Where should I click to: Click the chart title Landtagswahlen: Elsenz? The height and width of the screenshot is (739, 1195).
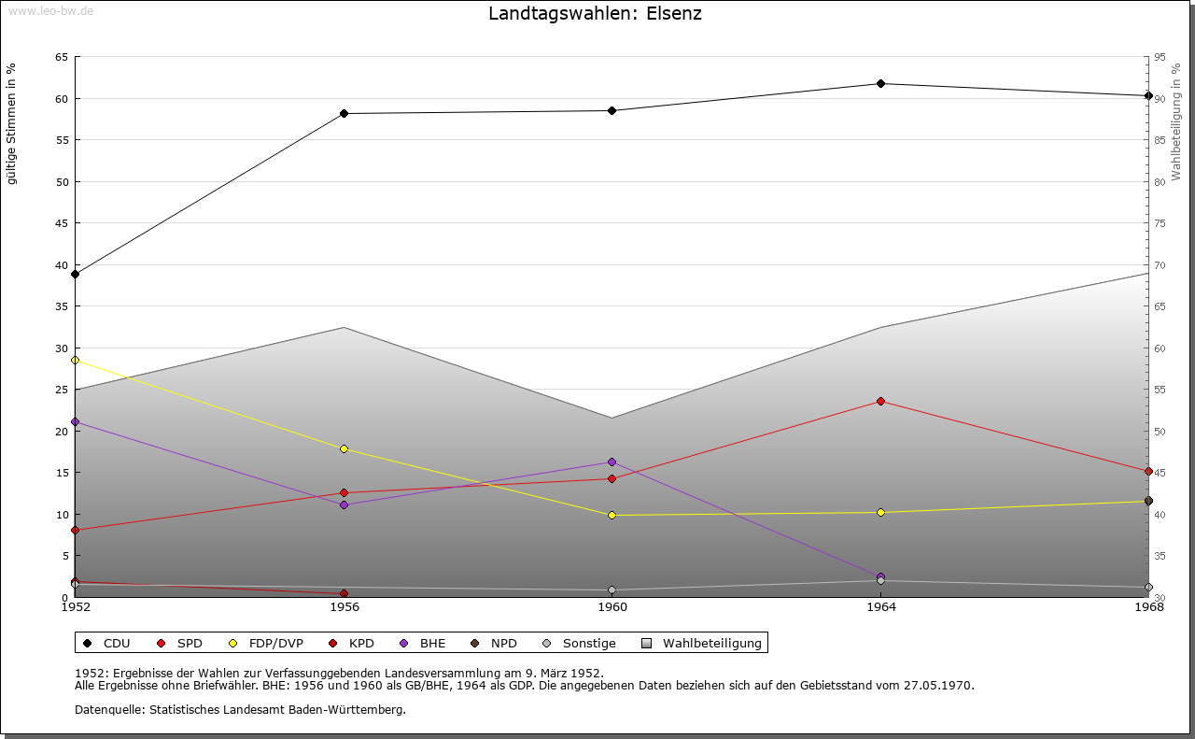[x=595, y=14]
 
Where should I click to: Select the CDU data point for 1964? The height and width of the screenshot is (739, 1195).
[x=880, y=84]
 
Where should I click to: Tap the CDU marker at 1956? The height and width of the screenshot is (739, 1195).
[x=344, y=114]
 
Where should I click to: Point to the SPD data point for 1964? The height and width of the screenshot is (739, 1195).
[x=880, y=402]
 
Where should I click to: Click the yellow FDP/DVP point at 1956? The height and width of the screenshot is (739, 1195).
[x=344, y=449]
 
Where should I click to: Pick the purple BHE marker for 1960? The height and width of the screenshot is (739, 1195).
[x=612, y=462]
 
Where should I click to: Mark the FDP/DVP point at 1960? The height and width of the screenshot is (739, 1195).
[x=612, y=515]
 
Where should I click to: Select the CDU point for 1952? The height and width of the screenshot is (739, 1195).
[x=76, y=275]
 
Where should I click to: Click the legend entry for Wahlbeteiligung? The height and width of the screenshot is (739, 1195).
[x=711, y=644]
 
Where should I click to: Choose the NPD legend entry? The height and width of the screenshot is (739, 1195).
[x=503, y=644]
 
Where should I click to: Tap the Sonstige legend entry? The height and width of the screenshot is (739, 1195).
[x=588, y=644]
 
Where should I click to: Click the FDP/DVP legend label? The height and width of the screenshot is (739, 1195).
[x=275, y=644]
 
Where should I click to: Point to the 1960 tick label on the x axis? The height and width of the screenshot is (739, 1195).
[x=612, y=607]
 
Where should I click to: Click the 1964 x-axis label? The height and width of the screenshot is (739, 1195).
[x=880, y=607]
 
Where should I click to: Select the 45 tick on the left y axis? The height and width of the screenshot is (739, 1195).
[x=61, y=223]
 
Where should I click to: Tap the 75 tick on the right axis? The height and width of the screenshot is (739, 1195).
[x=1160, y=223]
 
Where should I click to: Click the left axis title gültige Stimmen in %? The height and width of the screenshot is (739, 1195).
[x=12, y=124]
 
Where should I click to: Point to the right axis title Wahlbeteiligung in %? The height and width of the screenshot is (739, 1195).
[x=1176, y=121]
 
